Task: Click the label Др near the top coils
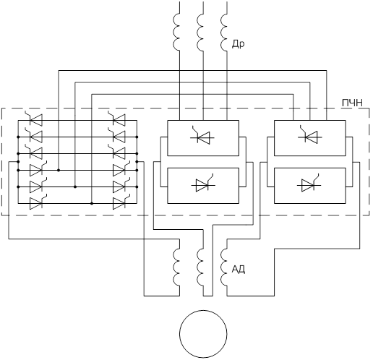click(x=238, y=44)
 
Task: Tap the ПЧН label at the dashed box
click(x=352, y=103)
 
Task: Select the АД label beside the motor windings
click(x=239, y=269)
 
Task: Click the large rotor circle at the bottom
click(x=203, y=334)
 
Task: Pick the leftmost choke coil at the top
click(x=176, y=33)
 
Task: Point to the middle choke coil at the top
click(x=200, y=33)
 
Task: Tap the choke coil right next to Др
click(x=224, y=33)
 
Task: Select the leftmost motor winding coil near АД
click(x=176, y=267)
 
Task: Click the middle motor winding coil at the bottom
click(x=200, y=267)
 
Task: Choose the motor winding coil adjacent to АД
click(x=224, y=267)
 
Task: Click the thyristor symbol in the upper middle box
click(x=202, y=137)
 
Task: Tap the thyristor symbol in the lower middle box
click(x=203, y=184)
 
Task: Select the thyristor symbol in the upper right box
click(x=310, y=137)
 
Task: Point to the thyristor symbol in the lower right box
click(x=309, y=184)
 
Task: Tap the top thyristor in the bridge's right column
click(x=117, y=119)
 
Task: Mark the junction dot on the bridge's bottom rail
click(x=92, y=203)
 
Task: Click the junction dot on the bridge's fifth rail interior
click(x=75, y=187)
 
